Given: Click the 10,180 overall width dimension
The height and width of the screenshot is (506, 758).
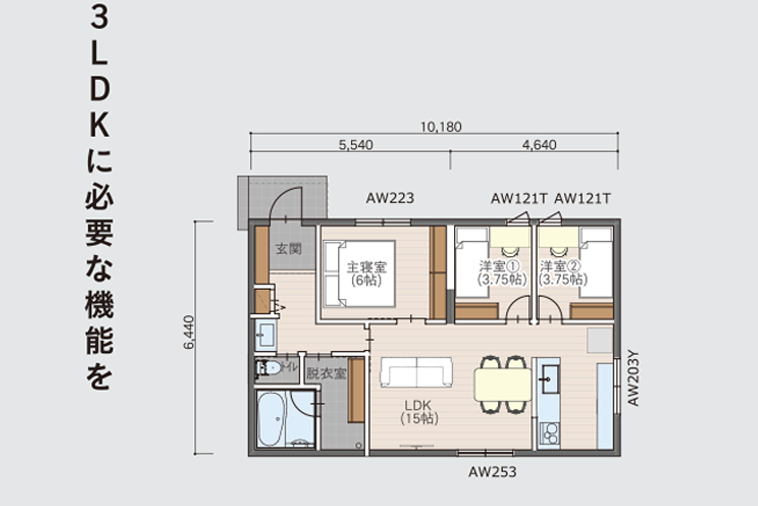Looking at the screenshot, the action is [441, 127].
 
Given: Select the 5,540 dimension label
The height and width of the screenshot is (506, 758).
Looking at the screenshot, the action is [356, 145].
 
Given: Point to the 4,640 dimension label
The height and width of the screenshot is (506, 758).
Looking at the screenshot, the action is [539, 145].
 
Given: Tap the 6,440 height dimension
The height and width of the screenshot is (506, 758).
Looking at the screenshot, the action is [189, 332].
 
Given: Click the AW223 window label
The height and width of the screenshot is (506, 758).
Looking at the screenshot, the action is [390, 198].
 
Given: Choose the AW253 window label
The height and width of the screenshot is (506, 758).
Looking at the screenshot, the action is [492, 472].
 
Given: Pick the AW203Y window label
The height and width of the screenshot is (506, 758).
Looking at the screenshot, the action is [633, 379].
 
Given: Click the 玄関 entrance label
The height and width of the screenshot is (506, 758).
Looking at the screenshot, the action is [289, 249].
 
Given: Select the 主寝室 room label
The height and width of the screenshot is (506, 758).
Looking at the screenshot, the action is [366, 267].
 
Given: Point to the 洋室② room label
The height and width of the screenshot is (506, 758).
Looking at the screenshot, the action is [560, 266].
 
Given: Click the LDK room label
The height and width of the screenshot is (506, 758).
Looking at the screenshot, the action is [418, 405].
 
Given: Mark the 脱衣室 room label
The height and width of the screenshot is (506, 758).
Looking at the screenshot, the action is [326, 374].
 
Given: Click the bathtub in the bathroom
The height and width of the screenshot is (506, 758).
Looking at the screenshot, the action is [272, 420].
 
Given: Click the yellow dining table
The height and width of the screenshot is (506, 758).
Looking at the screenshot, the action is [503, 385].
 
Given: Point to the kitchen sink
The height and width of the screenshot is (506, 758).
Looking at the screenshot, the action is [551, 380].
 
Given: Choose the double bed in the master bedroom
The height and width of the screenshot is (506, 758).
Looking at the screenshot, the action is [360, 274].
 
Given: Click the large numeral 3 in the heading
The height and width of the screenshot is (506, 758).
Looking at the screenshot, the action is [100, 18].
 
